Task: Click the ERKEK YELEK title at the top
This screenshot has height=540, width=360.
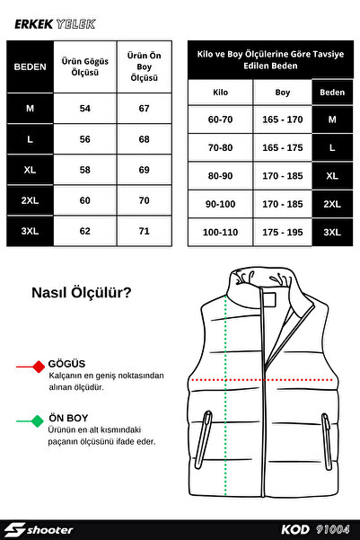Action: [x=55, y=25]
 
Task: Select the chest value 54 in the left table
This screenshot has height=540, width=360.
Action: [x=85, y=108]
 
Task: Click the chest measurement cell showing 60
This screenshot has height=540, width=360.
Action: [x=85, y=199]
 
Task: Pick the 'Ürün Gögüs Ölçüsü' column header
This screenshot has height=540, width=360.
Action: [x=85, y=66]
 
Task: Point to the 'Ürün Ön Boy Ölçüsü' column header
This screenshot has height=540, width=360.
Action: [x=144, y=66]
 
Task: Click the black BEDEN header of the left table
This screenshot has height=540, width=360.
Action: [x=29, y=66]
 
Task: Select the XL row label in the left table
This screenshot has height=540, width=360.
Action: [x=29, y=169]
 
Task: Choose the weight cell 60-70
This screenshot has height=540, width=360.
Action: [x=220, y=120]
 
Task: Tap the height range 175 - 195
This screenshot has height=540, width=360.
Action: [x=282, y=232]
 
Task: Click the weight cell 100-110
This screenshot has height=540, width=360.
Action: [x=220, y=232]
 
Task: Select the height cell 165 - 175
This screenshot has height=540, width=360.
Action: [x=282, y=147]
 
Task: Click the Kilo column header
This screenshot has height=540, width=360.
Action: [x=220, y=93]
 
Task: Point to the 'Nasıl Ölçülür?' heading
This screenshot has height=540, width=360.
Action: [x=81, y=292]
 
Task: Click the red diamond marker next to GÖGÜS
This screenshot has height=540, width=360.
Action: [x=38, y=367]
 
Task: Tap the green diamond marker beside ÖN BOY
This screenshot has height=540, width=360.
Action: [x=38, y=420]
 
